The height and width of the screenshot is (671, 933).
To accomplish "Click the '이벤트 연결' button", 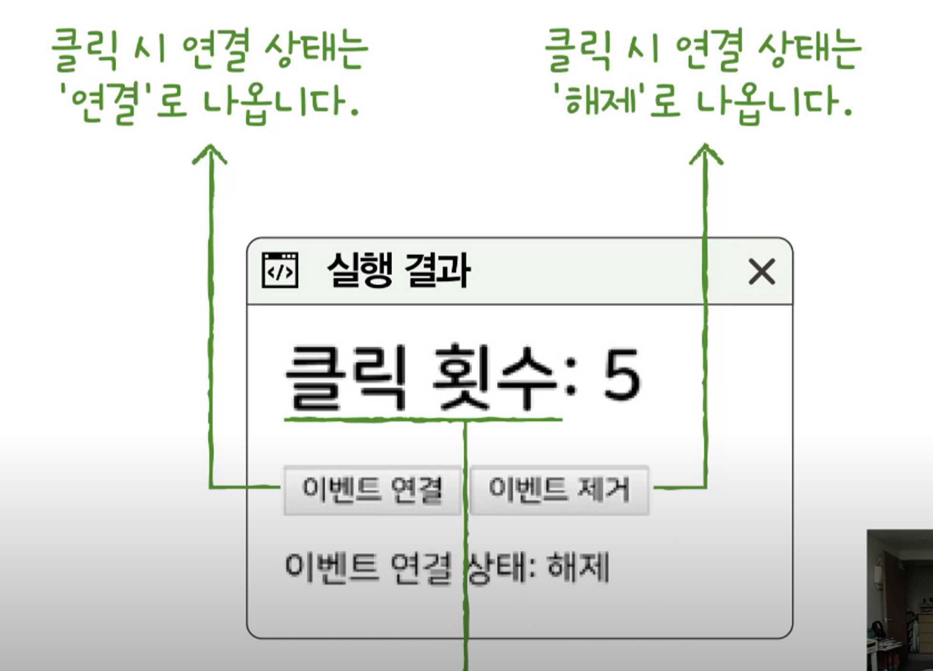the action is [372, 490].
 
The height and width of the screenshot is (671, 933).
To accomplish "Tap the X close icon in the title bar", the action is [762, 272].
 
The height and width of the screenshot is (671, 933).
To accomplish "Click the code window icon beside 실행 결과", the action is [280, 271].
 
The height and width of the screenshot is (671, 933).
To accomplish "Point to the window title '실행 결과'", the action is [399, 270].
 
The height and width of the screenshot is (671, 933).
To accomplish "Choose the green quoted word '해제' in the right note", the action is [601, 101].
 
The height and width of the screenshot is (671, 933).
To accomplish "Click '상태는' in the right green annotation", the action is [809, 49].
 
